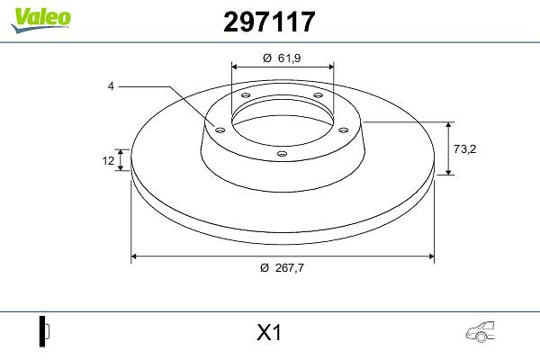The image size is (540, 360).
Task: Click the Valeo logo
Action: [40, 20]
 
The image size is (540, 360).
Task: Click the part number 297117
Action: [269, 22]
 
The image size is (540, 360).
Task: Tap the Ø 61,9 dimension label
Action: [282, 58]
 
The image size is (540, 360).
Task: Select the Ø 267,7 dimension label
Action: [283, 267]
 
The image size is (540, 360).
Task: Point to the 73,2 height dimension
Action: [464, 148]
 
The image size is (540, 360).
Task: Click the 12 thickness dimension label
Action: [108, 160]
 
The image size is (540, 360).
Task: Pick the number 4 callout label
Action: [111, 86]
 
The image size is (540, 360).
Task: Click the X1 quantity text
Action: [269, 333]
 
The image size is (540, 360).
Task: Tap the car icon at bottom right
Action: [480, 332]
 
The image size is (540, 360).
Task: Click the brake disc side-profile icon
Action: [44, 331]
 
